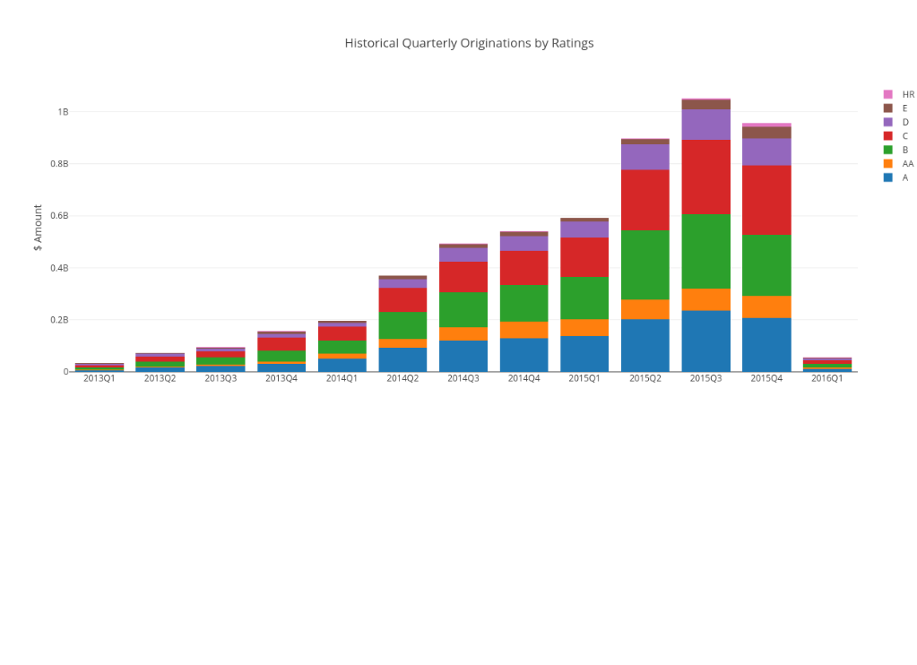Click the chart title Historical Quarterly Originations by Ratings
(469, 43)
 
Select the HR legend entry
(907, 94)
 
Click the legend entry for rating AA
(907, 164)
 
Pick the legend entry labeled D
(904, 122)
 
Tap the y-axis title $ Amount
(38, 228)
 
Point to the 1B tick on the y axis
(63, 112)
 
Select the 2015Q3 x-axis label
(705, 379)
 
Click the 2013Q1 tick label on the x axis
(99, 379)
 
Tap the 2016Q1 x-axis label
(827, 379)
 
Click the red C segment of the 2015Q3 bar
(705, 177)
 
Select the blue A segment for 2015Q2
(645, 345)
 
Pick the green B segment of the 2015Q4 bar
(766, 265)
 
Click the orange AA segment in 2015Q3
(705, 299)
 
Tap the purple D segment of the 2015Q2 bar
(645, 157)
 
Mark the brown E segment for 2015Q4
(766, 133)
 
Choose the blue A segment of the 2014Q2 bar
(402, 359)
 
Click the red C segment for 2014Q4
(523, 268)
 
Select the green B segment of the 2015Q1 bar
(584, 298)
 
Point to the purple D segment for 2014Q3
(463, 255)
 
